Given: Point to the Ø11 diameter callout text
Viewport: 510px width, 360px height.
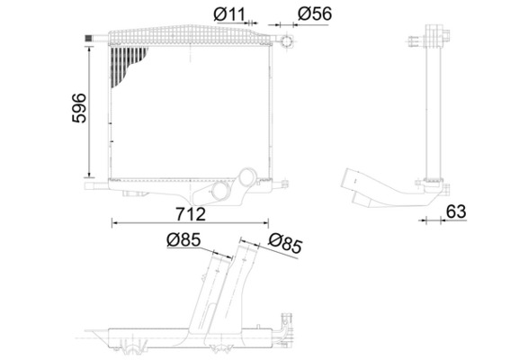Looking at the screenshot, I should click(x=226, y=13).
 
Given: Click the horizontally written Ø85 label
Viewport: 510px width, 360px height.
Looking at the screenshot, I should click(x=183, y=239).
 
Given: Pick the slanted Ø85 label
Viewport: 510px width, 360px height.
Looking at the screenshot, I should click(x=285, y=243).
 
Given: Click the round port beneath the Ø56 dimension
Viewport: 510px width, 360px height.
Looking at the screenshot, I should click(x=287, y=42).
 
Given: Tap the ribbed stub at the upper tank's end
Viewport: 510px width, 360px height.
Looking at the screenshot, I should click(x=90, y=36).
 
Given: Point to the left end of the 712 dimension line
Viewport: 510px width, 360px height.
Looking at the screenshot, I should click(x=112, y=222).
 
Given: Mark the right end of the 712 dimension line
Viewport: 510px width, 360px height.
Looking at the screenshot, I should click(x=272, y=222).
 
